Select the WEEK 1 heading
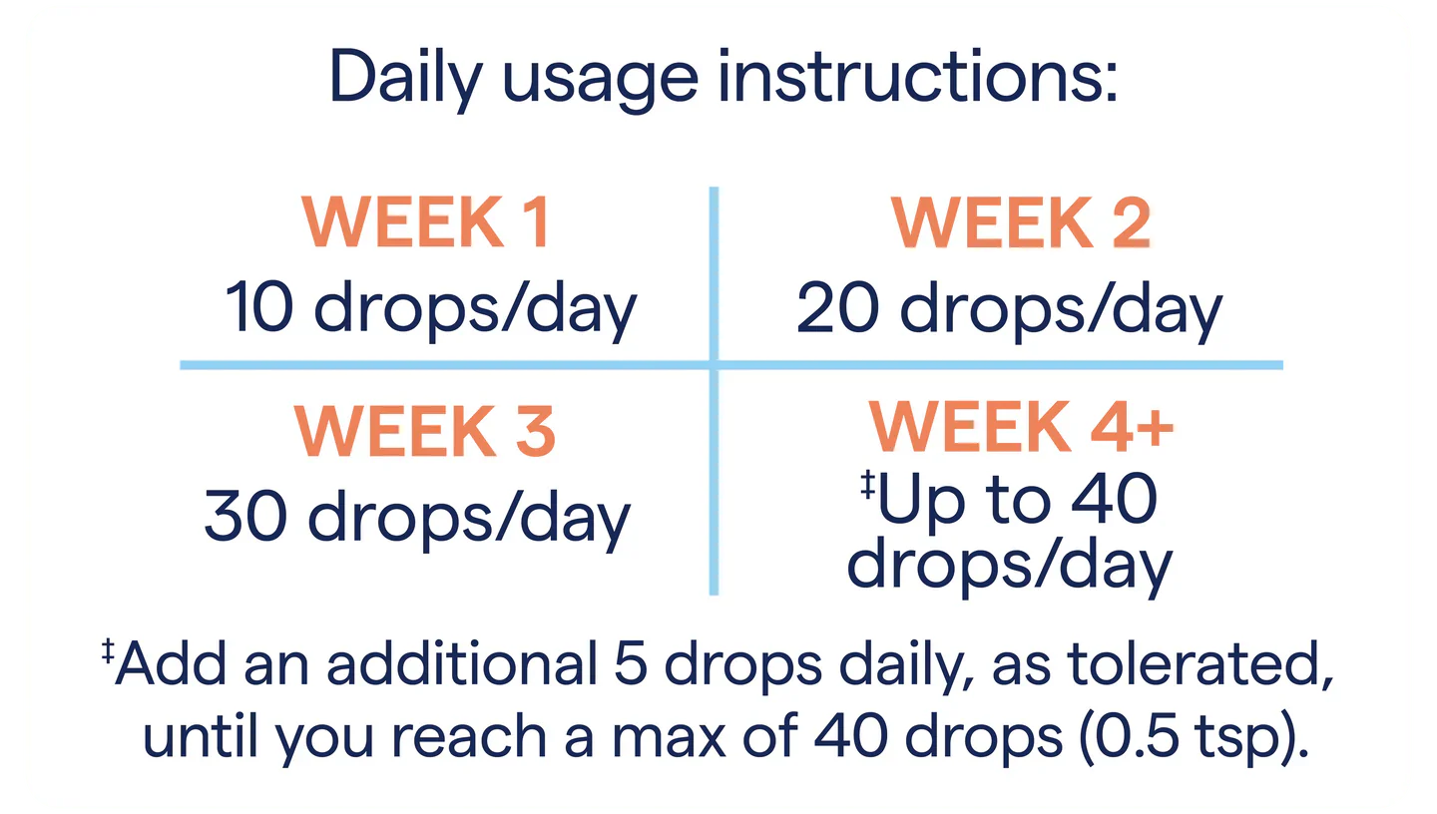coord(425,221)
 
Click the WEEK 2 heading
coord(1021,221)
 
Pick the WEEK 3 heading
coord(425,431)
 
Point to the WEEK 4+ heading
coord(1021,426)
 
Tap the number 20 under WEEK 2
coord(838,307)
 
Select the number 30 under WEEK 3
coord(245,517)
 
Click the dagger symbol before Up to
coord(868,485)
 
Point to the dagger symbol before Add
coord(108,650)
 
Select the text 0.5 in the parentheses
coord(1137,736)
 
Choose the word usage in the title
coord(600,84)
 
